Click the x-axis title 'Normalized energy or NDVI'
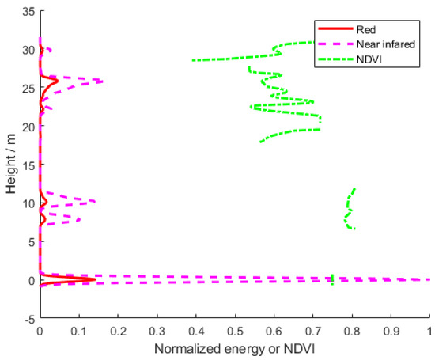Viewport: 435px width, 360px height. tap(233, 348)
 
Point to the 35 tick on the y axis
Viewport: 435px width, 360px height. tap(28, 11)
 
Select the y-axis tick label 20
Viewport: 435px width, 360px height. tap(28, 127)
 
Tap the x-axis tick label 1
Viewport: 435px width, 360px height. tap(429, 331)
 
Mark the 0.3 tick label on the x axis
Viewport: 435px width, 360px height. tap(157, 331)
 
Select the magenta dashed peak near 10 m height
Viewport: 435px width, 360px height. tap(95, 202)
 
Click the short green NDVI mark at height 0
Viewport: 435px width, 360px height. tap(332, 279)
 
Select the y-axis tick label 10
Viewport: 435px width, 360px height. tap(28, 203)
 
